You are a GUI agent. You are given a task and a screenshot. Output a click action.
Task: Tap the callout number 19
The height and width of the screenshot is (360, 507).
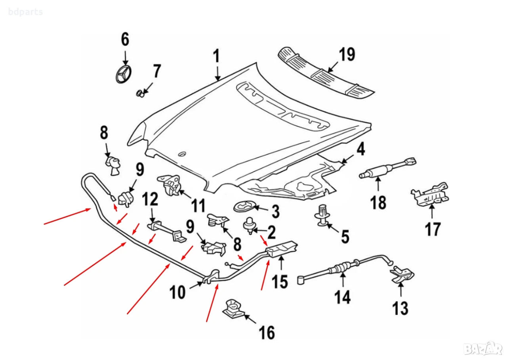[x=347, y=54]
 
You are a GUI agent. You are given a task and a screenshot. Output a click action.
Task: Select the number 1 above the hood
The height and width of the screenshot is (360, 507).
[x=216, y=56]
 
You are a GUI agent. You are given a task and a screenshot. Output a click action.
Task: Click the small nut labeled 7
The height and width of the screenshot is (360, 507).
[x=139, y=93]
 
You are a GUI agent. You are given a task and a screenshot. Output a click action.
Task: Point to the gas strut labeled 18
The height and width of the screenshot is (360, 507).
[x=387, y=169]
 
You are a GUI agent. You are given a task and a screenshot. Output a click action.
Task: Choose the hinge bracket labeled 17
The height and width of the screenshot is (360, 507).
[x=430, y=194]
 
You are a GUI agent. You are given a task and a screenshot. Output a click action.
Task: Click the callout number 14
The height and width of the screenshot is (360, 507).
[x=343, y=297]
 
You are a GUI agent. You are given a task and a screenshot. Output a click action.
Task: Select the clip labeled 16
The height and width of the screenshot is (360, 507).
[x=233, y=308]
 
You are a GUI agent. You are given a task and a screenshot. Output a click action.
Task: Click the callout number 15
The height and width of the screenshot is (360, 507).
[x=280, y=282]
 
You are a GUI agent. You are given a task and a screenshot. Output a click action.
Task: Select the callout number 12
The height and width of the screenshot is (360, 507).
[x=150, y=199]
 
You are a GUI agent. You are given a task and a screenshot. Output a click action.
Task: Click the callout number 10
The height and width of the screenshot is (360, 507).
[x=178, y=292]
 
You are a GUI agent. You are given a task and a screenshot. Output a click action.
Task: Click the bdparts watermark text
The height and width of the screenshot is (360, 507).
[x=25, y=12]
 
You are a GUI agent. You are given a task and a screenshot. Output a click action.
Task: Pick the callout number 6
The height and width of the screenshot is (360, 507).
[x=125, y=39]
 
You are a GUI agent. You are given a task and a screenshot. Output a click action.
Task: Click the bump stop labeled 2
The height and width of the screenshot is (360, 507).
[x=249, y=226]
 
